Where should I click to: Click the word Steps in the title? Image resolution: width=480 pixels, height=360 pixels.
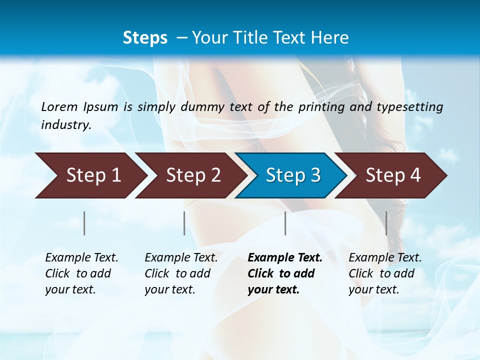tap(145, 38)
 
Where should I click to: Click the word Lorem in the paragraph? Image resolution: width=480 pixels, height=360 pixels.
tap(59, 106)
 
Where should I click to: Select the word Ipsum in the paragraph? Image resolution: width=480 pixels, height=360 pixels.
tap(101, 106)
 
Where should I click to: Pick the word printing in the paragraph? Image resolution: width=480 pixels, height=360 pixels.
tap(319, 106)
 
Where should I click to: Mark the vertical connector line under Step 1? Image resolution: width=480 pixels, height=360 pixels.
tap(84, 223)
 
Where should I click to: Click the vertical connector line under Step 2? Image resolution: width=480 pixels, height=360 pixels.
tap(184, 223)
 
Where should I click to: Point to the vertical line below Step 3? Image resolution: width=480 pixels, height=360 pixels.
tap(285, 223)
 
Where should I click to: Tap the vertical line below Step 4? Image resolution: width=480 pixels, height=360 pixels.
tap(386, 223)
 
